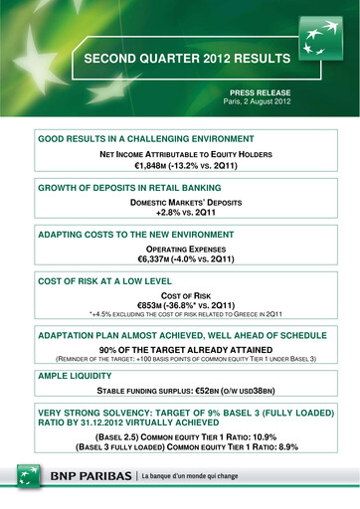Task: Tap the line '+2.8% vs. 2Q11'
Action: tap(180, 214)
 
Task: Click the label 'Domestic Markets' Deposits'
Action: tap(180, 203)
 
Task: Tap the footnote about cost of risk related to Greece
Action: tap(180, 318)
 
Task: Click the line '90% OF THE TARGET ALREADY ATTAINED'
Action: tap(180, 350)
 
